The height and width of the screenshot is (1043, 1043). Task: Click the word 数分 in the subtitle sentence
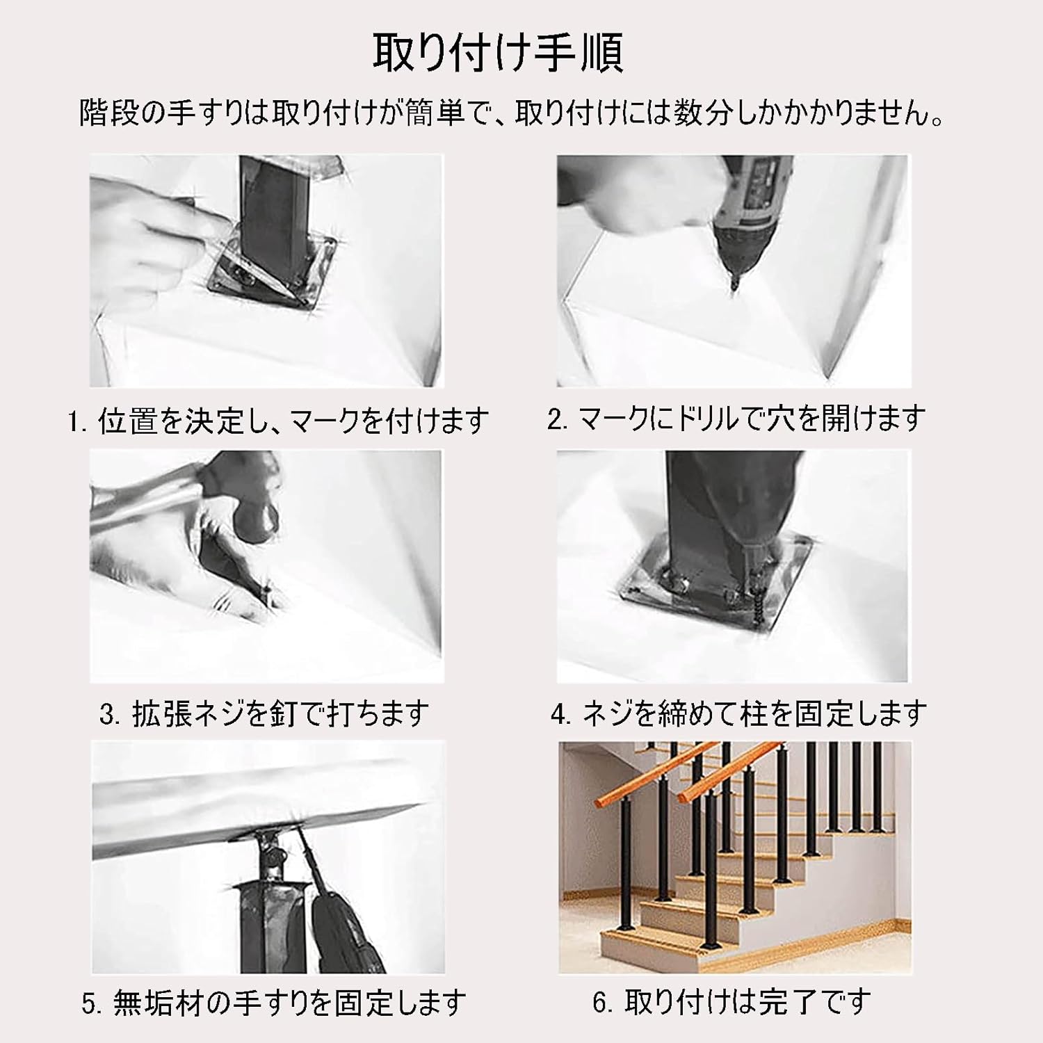pos(702,113)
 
